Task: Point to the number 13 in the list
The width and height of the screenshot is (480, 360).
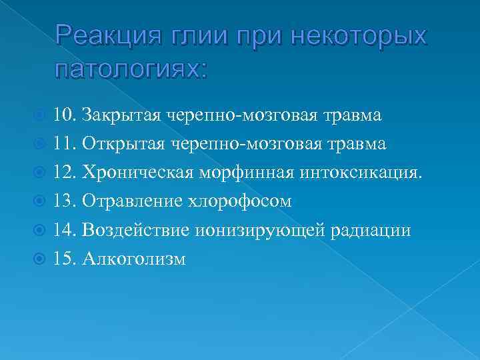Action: coord(63,201)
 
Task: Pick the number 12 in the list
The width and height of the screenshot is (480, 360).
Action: coord(63,173)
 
